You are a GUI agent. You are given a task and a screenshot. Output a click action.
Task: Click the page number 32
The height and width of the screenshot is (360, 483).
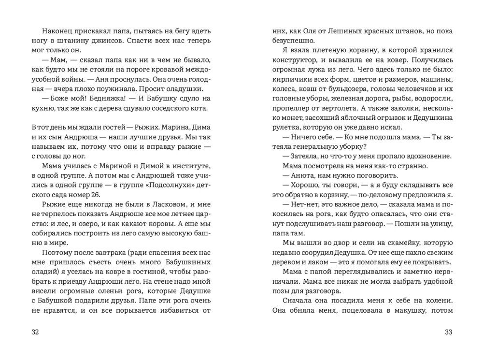coord(35,332)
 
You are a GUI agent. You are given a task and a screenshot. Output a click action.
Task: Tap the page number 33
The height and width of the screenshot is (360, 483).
coord(448,332)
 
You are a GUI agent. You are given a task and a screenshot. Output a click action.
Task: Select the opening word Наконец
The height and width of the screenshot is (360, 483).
coord(57,31)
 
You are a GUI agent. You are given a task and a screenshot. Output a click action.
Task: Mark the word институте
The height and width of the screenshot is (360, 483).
coord(192,165)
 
